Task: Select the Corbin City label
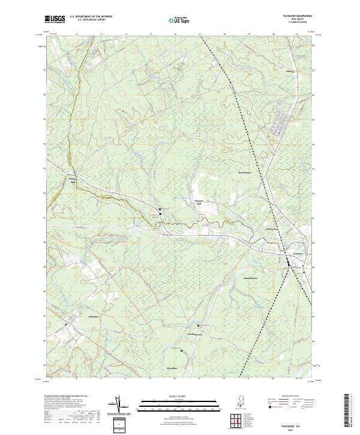272,229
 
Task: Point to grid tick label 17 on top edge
199,35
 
